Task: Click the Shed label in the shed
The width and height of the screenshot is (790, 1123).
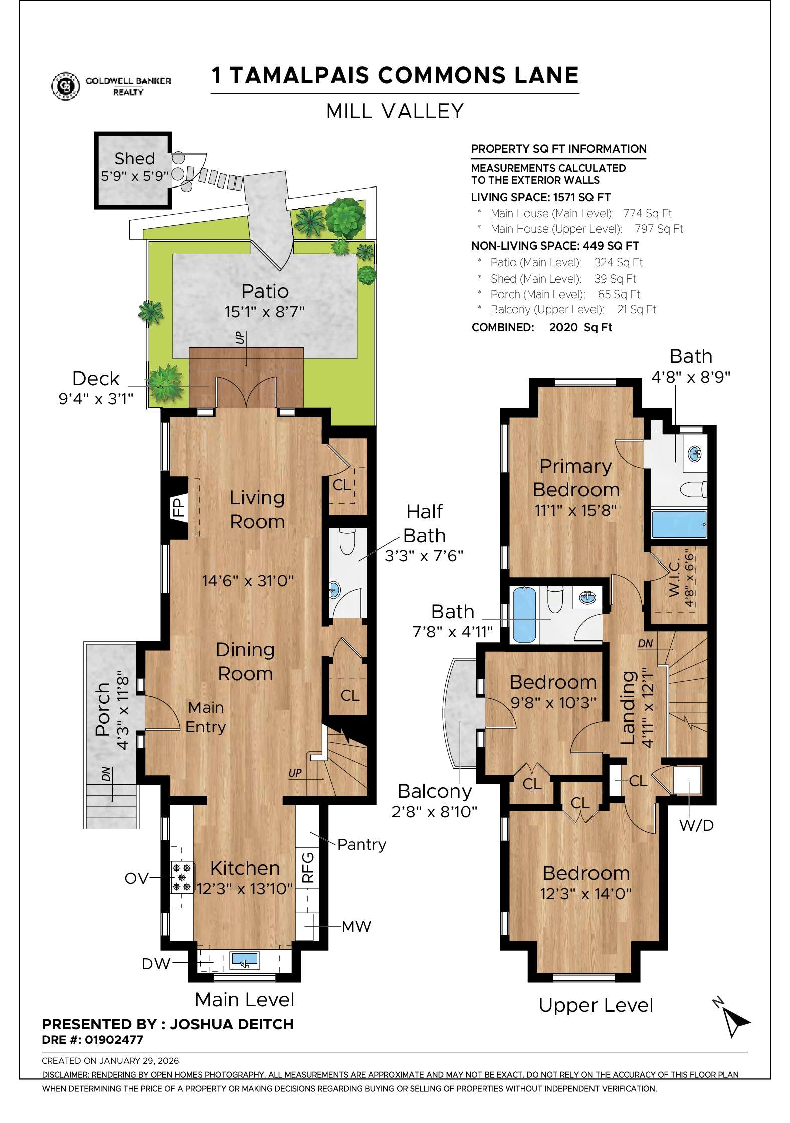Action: [134, 158]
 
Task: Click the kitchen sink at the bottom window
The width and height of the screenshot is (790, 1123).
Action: [245, 961]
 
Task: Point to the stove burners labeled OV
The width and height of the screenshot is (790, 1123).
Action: [182, 878]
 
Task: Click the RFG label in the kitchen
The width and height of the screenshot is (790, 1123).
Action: [308, 867]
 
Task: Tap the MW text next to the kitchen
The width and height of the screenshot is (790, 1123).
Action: [356, 926]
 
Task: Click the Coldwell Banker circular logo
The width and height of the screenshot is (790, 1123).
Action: [66, 86]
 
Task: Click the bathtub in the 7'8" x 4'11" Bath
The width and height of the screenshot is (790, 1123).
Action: [524, 615]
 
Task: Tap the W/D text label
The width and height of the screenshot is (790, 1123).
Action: [696, 825]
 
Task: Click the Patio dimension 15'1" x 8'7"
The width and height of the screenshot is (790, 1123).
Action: [264, 312]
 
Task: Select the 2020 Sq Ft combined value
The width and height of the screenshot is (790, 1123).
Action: [580, 327]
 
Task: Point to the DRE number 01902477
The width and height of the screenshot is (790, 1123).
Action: [114, 1040]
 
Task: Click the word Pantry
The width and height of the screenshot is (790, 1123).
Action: [361, 844]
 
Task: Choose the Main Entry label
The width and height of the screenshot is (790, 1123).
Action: [206, 717]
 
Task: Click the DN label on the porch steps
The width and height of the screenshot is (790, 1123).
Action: [106, 775]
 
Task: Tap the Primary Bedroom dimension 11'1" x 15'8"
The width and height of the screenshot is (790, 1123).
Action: [575, 510]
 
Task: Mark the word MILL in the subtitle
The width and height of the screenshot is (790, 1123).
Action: [349, 111]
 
